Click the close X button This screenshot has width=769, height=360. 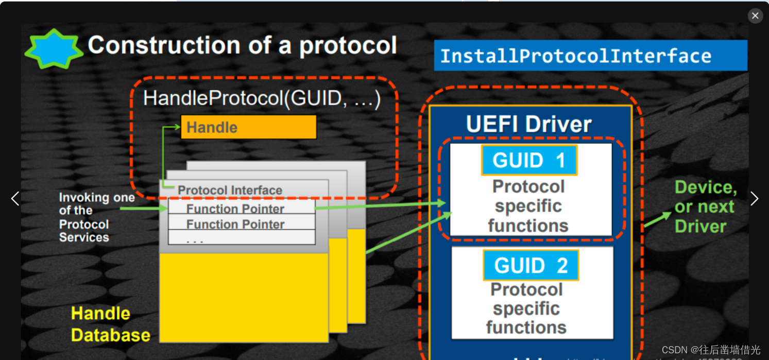755,15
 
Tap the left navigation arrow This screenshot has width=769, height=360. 15,198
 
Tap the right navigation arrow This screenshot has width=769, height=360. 754,198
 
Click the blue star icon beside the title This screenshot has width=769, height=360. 54,49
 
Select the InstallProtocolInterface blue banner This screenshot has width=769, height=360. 590,56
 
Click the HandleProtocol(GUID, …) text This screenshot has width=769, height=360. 262,98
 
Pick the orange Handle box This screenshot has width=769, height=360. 248,127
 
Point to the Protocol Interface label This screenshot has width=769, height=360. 230,190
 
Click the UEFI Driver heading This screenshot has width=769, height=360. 528,124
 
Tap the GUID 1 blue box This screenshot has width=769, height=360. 529,160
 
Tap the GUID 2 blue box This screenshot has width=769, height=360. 531,265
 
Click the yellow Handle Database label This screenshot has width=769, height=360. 110,324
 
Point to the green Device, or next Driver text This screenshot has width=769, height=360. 705,207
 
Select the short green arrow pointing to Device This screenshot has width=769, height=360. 657,219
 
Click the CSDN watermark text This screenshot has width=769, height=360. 711,350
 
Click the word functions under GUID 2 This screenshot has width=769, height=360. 526,328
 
